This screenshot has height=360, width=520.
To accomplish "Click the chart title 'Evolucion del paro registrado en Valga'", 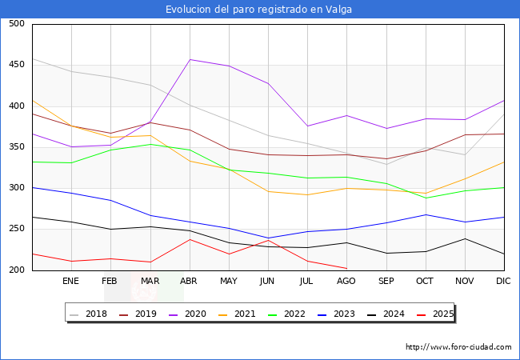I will (x=259, y=10).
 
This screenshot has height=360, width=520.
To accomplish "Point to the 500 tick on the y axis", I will (x=16, y=24).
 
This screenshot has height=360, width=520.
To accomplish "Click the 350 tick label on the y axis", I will (x=16, y=147).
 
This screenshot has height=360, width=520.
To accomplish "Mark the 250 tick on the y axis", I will (x=16, y=230).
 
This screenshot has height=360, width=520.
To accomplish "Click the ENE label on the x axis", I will (x=71, y=282).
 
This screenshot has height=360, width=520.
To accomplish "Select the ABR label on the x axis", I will (x=190, y=282).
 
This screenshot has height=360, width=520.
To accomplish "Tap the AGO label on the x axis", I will (x=346, y=282).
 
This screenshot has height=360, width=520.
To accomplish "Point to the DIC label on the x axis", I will (x=504, y=282).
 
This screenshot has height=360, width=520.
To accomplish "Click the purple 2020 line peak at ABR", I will (x=190, y=59).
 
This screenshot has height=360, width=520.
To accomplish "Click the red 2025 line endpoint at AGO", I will (x=346, y=268).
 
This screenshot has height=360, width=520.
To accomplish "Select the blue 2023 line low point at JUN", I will (x=268, y=238).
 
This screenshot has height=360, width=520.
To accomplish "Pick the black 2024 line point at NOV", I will (x=465, y=238).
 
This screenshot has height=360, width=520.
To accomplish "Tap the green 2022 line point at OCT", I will (x=426, y=198).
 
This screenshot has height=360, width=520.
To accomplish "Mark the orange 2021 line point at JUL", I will (x=307, y=194).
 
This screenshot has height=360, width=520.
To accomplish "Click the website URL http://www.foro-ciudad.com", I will (x=458, y=347).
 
